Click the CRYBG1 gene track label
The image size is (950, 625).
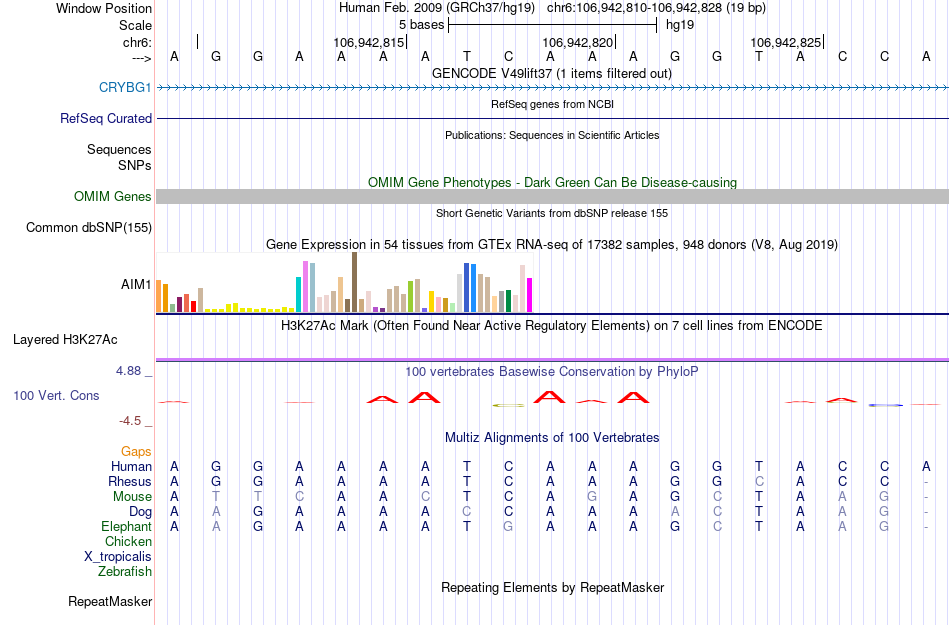coord(125,87)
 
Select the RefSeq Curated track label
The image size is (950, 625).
coord(106,118)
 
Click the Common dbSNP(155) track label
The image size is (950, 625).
coord(89,228)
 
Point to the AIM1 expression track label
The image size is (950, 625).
coord(137,284)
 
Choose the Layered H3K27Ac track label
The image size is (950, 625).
coord(83,339)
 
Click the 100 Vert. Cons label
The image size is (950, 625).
coord(56,396)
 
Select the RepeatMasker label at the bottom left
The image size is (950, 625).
coord(110,602)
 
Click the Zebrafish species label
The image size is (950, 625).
coord(125,572)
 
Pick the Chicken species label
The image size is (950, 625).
coord(128,542)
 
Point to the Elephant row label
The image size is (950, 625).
coord(126,527)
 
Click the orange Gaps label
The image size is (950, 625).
coord(136,452)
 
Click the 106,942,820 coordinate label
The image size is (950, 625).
coord(577,42)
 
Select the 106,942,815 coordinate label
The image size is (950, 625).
coord(369,42)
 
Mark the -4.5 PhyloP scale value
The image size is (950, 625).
coord(135,421)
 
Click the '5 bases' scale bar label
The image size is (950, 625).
coord(421,23)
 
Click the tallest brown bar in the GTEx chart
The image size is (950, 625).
coord(354,282)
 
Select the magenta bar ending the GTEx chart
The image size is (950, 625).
coord(529,294)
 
